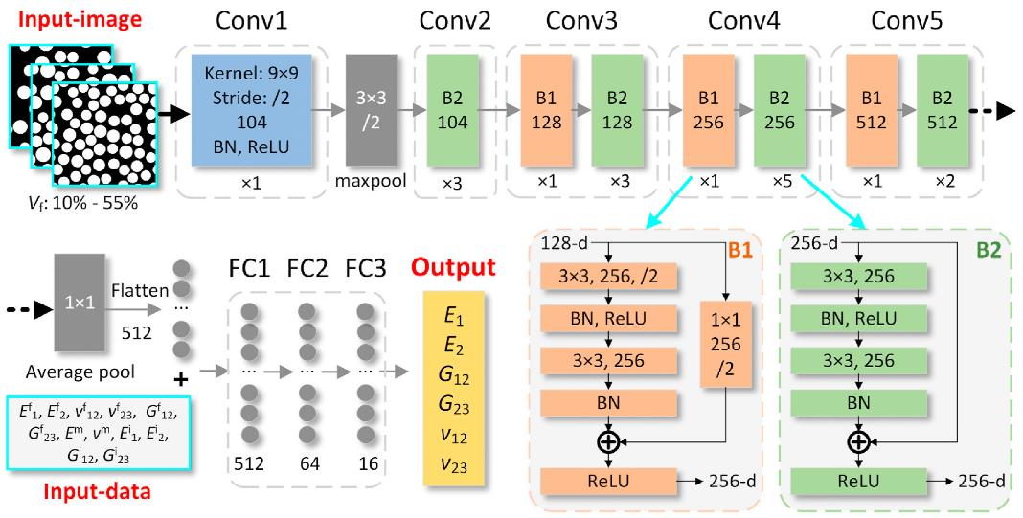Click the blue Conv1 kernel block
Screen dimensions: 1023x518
click(x=250, y=109)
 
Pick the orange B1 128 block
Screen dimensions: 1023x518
click(x=546, y=109)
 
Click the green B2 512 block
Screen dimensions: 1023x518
click(x=943, y=109)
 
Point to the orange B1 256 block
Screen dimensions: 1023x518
click(x=709, y=109)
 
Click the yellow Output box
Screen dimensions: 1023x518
click(x=453, y=388)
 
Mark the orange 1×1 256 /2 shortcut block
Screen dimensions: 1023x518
click(x=726, y=344)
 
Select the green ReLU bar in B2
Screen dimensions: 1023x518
click(x=858, y=481)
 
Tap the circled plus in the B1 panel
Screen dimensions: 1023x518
click(x=608, y=441)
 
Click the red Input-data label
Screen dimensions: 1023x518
click(x=97, y=491)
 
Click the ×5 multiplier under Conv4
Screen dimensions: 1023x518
click(x=779, y=181)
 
